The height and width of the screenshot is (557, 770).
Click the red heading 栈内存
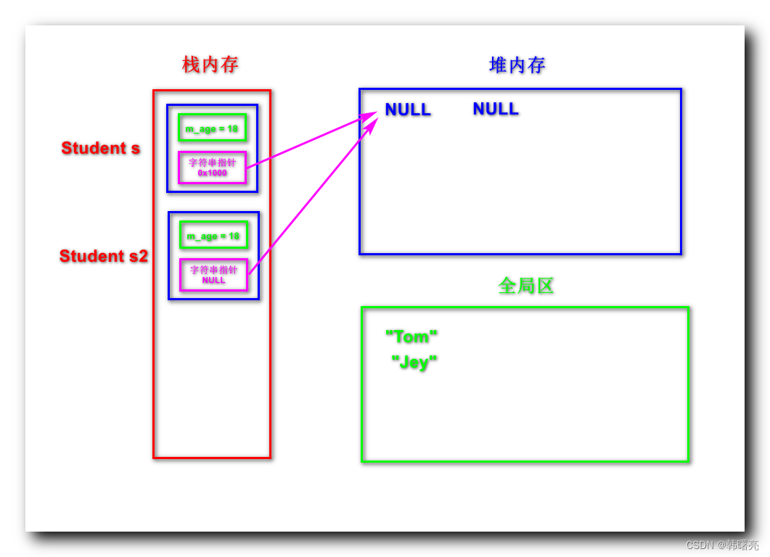click(210, 65)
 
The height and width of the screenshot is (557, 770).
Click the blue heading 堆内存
click(517, 65)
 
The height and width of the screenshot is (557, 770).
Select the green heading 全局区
click(526, 286)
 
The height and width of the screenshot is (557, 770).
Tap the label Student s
click(101, 148)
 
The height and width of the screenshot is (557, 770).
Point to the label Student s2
click(104, 256)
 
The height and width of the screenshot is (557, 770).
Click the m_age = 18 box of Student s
click(212, 128)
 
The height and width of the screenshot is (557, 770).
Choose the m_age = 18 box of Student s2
click(213, 236)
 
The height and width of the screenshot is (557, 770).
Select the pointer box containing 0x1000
click(212, 168)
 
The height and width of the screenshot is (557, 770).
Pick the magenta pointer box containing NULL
click(213, 275)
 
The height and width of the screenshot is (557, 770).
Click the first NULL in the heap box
click(408, 110)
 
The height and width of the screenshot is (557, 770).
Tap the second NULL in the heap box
click(496, 109)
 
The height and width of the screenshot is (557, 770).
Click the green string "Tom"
click(411, 337)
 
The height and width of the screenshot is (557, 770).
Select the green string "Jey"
click(414, 362)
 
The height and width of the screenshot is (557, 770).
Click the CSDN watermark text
click(722, 545)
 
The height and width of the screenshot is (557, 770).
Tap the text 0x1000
click(212, 173)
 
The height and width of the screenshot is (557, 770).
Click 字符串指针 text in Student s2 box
click(213, 270)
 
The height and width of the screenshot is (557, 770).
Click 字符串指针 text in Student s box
click(212, 163)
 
